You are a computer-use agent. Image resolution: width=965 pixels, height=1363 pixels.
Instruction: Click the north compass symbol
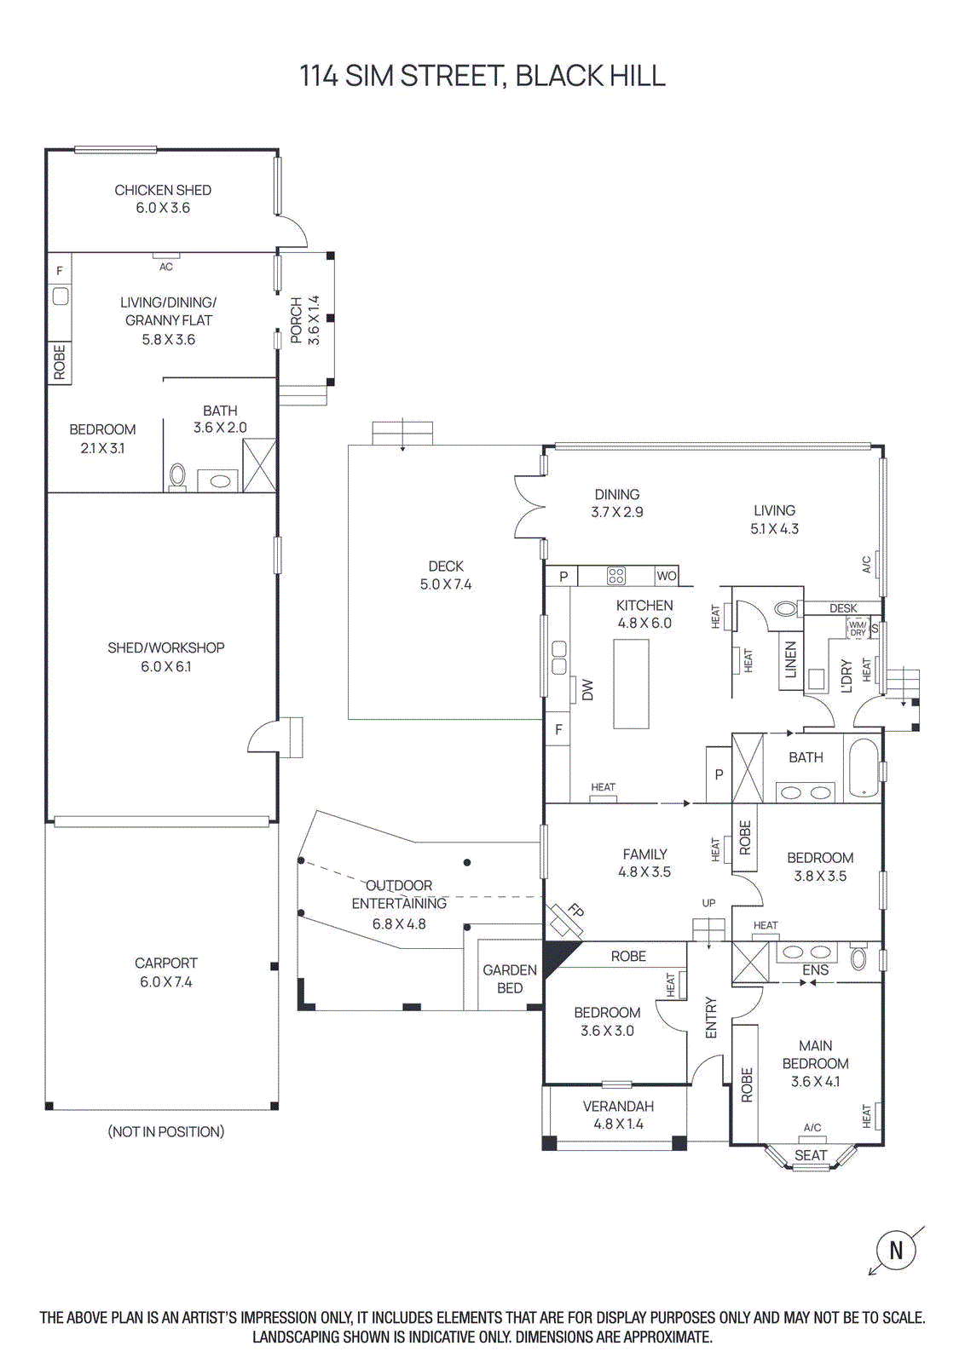(896, 1251)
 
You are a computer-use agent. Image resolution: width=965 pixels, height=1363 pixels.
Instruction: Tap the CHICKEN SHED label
(163, 190)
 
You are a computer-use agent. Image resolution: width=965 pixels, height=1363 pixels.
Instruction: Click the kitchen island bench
(631, 684)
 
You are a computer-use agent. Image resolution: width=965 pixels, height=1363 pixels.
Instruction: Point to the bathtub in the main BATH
(863, 768)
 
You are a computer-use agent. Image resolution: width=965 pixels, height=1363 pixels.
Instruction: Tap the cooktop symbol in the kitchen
(616, 577)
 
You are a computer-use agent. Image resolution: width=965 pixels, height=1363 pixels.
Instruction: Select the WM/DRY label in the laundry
(858, 629)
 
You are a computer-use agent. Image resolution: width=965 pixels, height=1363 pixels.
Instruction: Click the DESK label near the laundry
(843, 608)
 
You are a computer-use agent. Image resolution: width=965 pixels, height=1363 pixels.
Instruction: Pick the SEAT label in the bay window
(811, 1155)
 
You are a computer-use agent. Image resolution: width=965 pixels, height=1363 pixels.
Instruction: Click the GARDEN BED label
(510, 979)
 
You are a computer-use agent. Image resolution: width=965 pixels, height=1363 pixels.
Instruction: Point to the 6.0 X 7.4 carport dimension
(166, 982)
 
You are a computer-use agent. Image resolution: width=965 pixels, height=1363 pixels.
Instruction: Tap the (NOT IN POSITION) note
(166, 1131)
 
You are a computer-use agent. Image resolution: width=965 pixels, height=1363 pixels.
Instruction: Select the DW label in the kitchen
(587, 690)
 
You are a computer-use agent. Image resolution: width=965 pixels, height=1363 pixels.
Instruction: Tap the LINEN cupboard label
(790, 659)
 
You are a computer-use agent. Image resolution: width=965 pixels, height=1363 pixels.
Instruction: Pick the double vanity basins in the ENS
(806, 952)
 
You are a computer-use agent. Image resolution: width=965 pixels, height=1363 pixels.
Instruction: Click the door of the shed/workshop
(264, 738)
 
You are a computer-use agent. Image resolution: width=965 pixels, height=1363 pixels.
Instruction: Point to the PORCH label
(296, 320)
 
